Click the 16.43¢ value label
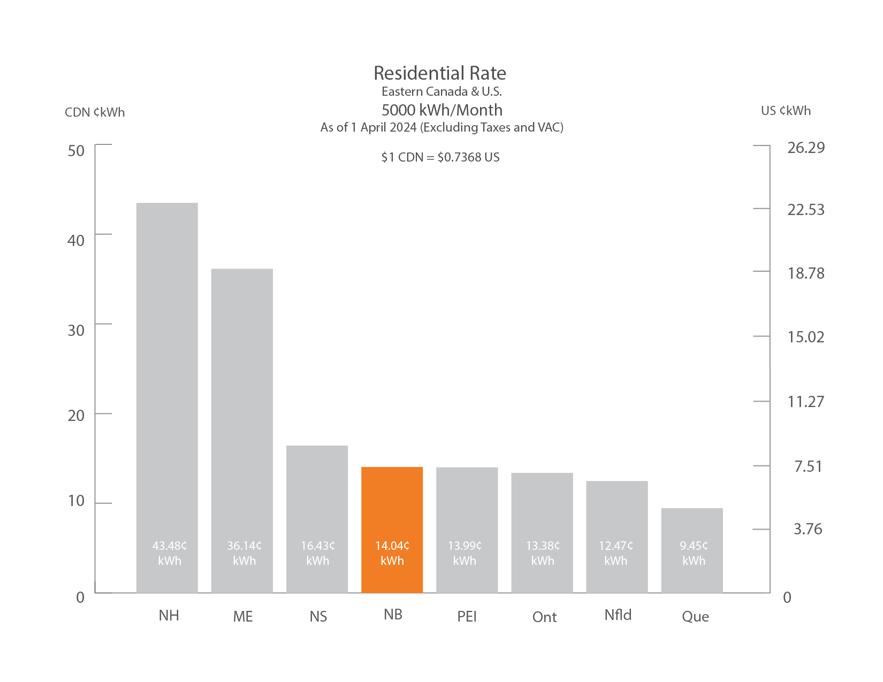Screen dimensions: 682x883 [318, 546]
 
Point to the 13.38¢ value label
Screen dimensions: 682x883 [543, 546]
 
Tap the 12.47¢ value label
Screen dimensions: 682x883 [616, 546]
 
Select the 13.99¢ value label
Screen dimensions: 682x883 [465, 546]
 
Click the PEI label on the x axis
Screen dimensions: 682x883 [467, 617]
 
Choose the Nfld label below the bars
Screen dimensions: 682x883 [618, 615]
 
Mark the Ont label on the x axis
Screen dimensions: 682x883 [544, 617]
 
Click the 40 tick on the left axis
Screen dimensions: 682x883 [76, 241]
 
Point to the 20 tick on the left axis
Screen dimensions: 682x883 [76, 416]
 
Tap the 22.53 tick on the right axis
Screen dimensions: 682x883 [805, 210]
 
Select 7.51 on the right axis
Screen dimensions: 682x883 [808, 466]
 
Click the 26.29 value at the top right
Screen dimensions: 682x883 [805, 148]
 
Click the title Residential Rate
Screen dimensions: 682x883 [440, 73]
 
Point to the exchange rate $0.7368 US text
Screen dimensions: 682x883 [468, 157]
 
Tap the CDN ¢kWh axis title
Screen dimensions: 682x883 [95, 112]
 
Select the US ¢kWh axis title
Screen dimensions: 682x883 [786, 111]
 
